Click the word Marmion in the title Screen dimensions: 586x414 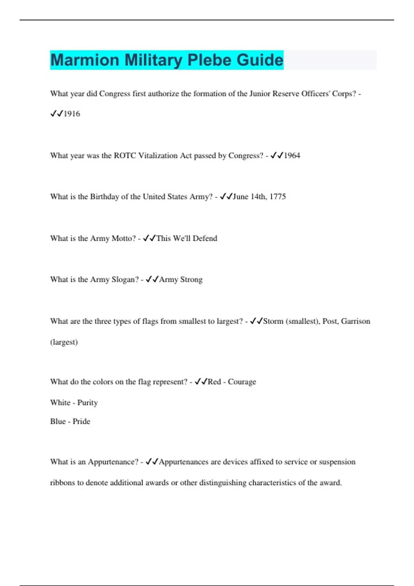85,60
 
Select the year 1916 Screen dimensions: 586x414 72,114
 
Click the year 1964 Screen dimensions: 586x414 292,155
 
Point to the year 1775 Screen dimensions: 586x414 278,196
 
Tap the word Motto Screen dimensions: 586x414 124,238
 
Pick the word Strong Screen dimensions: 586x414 191,279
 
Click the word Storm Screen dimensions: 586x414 273,321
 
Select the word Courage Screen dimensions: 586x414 242,382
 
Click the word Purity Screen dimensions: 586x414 87,403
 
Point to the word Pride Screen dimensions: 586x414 81,421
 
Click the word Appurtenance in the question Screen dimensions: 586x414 113,462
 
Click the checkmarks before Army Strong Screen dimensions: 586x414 152,279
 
